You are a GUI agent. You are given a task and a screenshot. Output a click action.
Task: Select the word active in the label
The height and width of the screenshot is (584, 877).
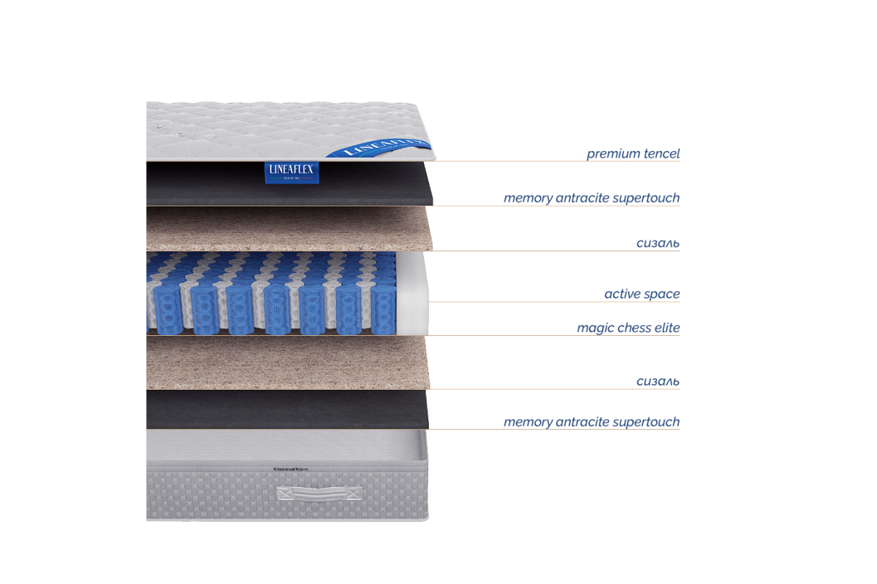621,295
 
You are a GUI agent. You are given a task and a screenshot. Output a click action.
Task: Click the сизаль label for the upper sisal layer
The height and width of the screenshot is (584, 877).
658,242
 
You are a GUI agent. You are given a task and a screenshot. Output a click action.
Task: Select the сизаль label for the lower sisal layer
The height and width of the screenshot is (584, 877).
658,382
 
